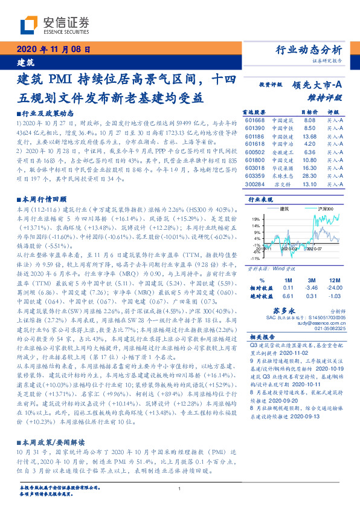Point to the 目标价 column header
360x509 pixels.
[308, 112]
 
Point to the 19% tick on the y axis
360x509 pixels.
[256, 219]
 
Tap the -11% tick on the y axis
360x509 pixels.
[256, 257]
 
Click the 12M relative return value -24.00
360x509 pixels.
[334, 289]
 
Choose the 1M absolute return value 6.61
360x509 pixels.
[288, 296]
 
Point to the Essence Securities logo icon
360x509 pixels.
[30, 25]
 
